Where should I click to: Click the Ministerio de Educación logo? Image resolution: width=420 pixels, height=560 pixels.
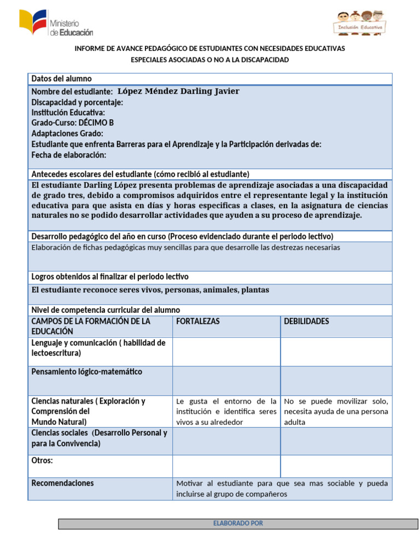pyautogui.click(x=56, y=24)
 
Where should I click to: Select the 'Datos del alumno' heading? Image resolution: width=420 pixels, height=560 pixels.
pyautogui.click(x=61, y=79)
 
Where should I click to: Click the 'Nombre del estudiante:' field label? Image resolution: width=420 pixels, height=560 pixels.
pyautogui.click(x=72, y=92)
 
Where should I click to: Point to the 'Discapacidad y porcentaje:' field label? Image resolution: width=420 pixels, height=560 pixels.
pyautogui.click(x=77, y=102)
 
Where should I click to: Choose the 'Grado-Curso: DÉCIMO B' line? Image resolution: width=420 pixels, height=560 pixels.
pyautogui.click(x=72, y=123)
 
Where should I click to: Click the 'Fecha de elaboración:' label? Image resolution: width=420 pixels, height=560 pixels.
pyautogui.click(x=68, y=155)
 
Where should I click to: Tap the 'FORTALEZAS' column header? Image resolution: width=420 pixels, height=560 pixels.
pyautogui.click(x=198, y=321)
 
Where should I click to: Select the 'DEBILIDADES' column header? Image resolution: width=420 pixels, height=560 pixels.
pyautogui.click(x=306, y=321)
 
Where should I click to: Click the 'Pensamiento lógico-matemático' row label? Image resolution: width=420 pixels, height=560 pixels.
pyautogui.click(x=86, y=372)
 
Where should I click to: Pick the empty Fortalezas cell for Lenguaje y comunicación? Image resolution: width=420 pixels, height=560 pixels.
pyautogui.click(x=226, y=351)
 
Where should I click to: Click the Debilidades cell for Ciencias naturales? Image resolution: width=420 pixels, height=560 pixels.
pyautogui.click(x=336, y=411)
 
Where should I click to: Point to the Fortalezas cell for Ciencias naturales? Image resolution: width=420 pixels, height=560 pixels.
pyautogui.click(x=226, y=411)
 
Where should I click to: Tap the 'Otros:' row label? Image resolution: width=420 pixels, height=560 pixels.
pyautogui.click(x=42, y=460)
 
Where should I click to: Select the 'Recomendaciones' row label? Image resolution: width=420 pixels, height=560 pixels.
pyautogui.click(x=62, y=483)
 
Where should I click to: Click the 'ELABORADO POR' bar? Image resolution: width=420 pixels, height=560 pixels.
pyautogui.click(x=238, y=523)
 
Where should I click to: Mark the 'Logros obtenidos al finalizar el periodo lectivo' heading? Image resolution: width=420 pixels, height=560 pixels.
pyautogui.click(x=110, y=277)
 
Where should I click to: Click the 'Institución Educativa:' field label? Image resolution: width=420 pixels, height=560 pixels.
pyautogui.click(x=68, y=113)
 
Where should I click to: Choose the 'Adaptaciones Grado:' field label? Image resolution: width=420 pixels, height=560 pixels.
pyautogui.click(x=67, y=133)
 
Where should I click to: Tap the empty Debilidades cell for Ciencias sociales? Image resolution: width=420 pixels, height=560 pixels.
pyautogui.click(x=336, y=441)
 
